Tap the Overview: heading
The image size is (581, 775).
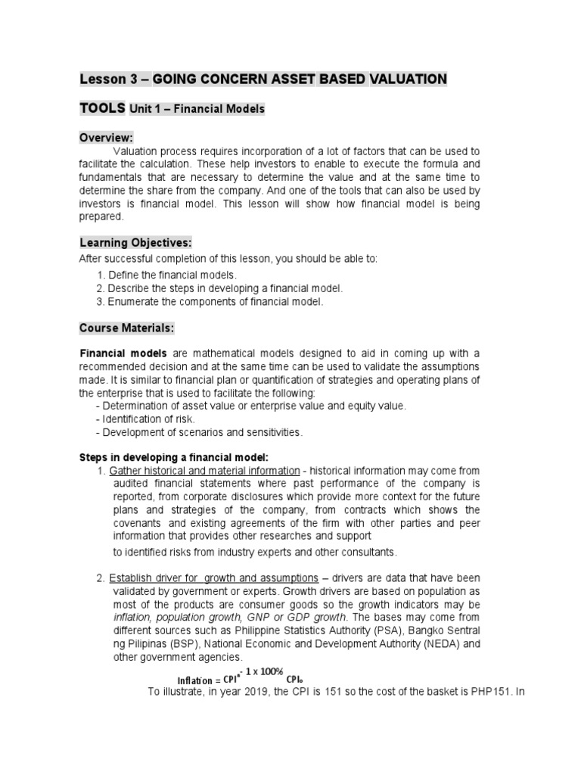coord(107,137)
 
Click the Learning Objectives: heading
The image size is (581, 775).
coord(136,242)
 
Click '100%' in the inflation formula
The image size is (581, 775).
coord(267,671)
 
